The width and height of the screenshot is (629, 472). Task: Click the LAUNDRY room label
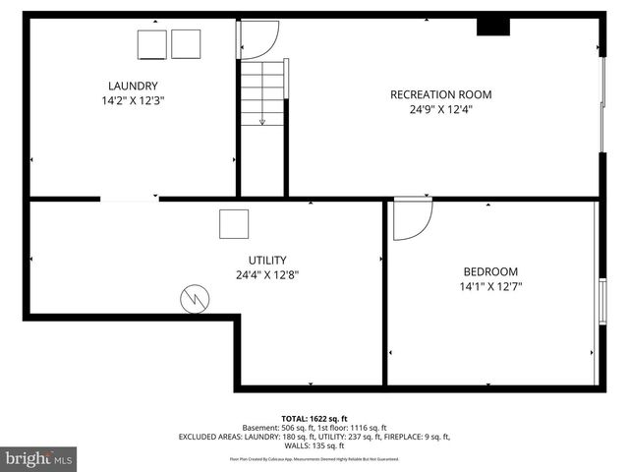tap(132, 86)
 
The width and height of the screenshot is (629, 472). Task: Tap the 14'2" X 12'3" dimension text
tap(132, 100)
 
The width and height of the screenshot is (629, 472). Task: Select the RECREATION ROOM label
tap(440, 94)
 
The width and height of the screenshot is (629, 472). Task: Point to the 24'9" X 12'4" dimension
tap(440, 109)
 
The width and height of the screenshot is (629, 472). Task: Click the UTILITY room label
tap(267, 260)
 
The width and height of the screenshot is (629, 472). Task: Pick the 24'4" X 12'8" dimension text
tap(267, 275)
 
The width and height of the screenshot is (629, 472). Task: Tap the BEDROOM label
tap(490, 271)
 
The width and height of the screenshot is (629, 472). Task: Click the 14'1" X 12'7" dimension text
tap(490, 287)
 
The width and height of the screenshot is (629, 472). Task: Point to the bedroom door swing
tap(411, 219)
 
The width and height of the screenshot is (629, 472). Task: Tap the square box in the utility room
tap(234, 224)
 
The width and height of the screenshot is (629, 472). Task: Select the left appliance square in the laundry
tap(152, 44)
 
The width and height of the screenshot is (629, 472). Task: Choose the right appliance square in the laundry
tap(186, 43)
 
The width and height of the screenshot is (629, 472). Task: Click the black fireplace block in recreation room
tap(492, 27)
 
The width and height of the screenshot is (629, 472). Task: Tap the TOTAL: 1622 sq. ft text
tap(314, 418)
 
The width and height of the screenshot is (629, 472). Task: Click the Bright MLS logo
tap(39, 458)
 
